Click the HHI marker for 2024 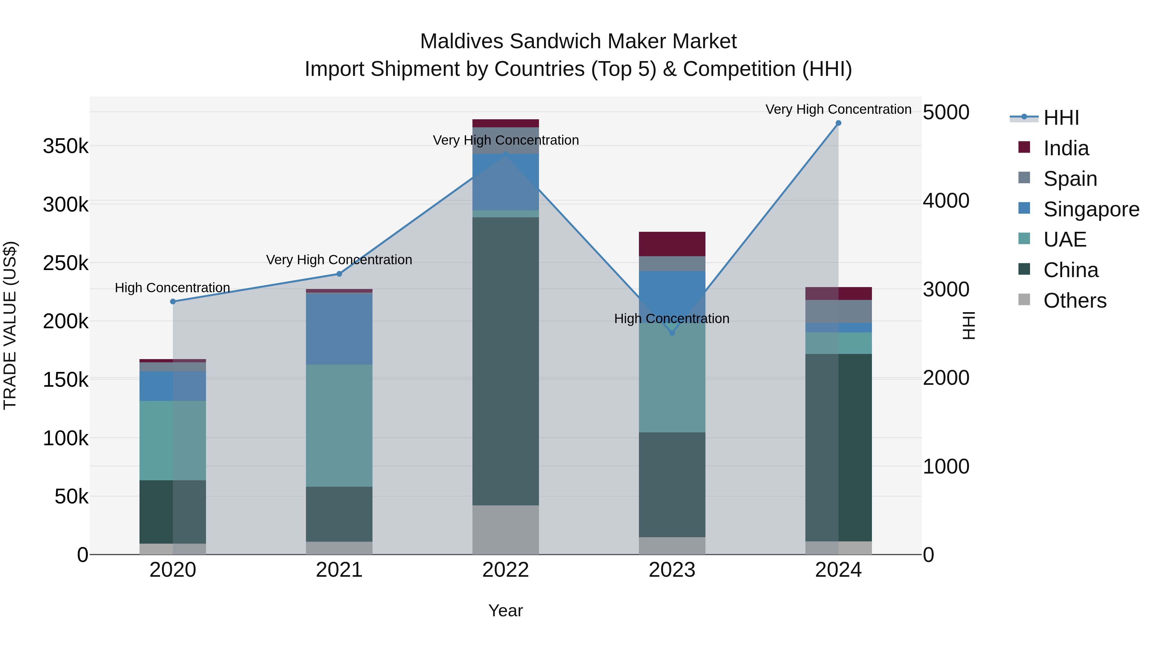pos(838,123)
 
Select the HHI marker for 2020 pos(173,302)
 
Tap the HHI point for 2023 pos(672,333)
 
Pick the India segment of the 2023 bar pos(672,244)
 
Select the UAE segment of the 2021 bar pos(339,425)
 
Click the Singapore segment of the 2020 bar pos(173,386)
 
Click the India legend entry pos(1066,148)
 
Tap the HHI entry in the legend pos(1061,118)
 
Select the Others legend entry pos(1074,301)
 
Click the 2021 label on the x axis pos(339,570)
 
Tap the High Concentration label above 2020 pos(173,287)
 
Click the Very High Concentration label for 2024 pos(838,109)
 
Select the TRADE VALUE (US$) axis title pos(10,325)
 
